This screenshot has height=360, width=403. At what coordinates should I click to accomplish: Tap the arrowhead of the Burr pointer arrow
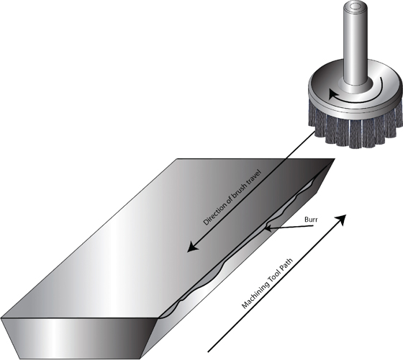point(268,229)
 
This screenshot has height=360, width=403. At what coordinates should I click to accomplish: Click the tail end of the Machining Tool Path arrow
point(209,338)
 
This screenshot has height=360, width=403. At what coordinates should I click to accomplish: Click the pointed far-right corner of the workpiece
point(334,161)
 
